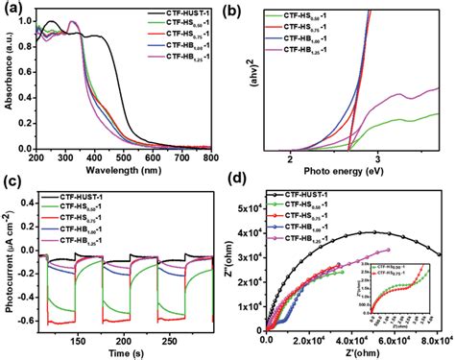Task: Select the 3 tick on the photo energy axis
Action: [x=377, y=157]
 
